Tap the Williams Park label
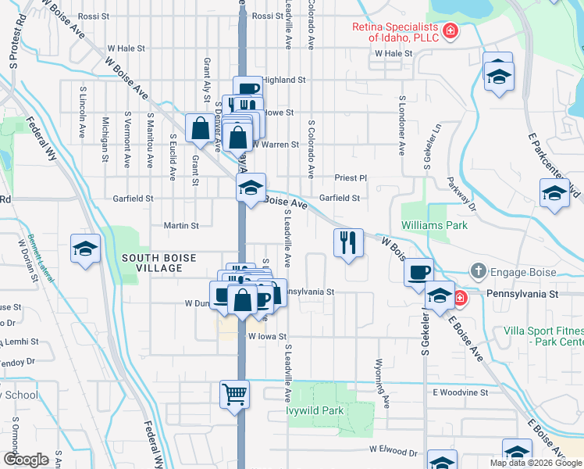(x=434, y=225)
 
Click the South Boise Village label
(x=152, y=262)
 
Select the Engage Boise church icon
(x=477, y=272)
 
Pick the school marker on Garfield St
(x=251, y=188)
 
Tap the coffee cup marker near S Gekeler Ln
(x=419, y=272)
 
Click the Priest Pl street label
(x=351, y=178)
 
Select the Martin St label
(x=181, y=225)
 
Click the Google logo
(x=26, y=460)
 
